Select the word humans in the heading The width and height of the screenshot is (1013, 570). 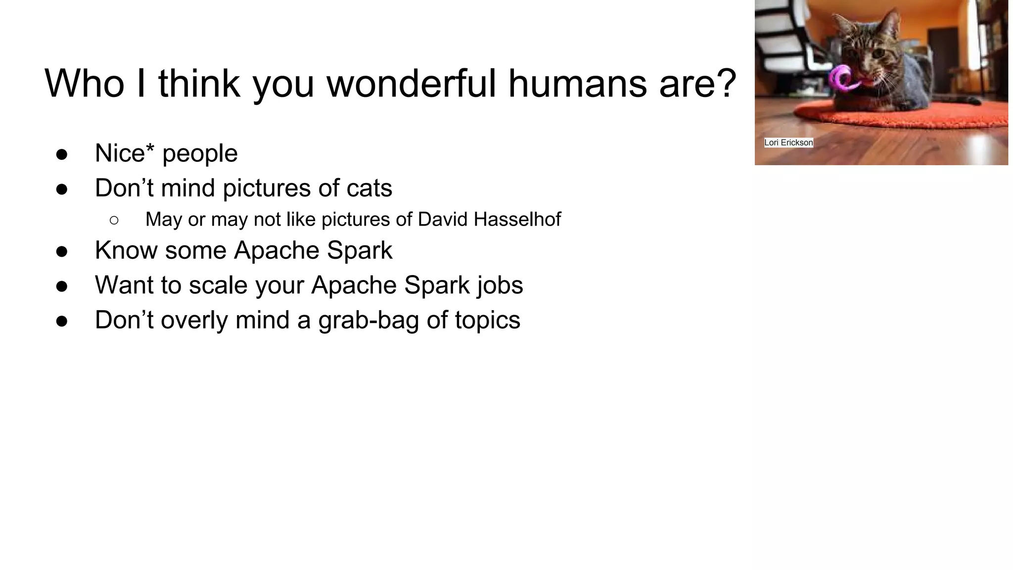click(x=577, y=83)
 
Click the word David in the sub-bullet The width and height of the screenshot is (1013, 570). click(x=443, y=219)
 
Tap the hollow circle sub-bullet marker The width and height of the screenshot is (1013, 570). click(x=114, y=220)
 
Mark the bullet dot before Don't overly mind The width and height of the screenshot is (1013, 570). click(x=62, y=321)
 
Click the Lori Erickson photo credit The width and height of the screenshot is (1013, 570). click(x=788, y=142)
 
